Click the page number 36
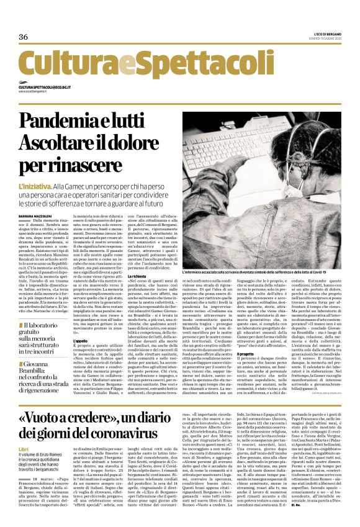24,37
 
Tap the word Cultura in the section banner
58,65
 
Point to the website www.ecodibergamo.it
34,92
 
